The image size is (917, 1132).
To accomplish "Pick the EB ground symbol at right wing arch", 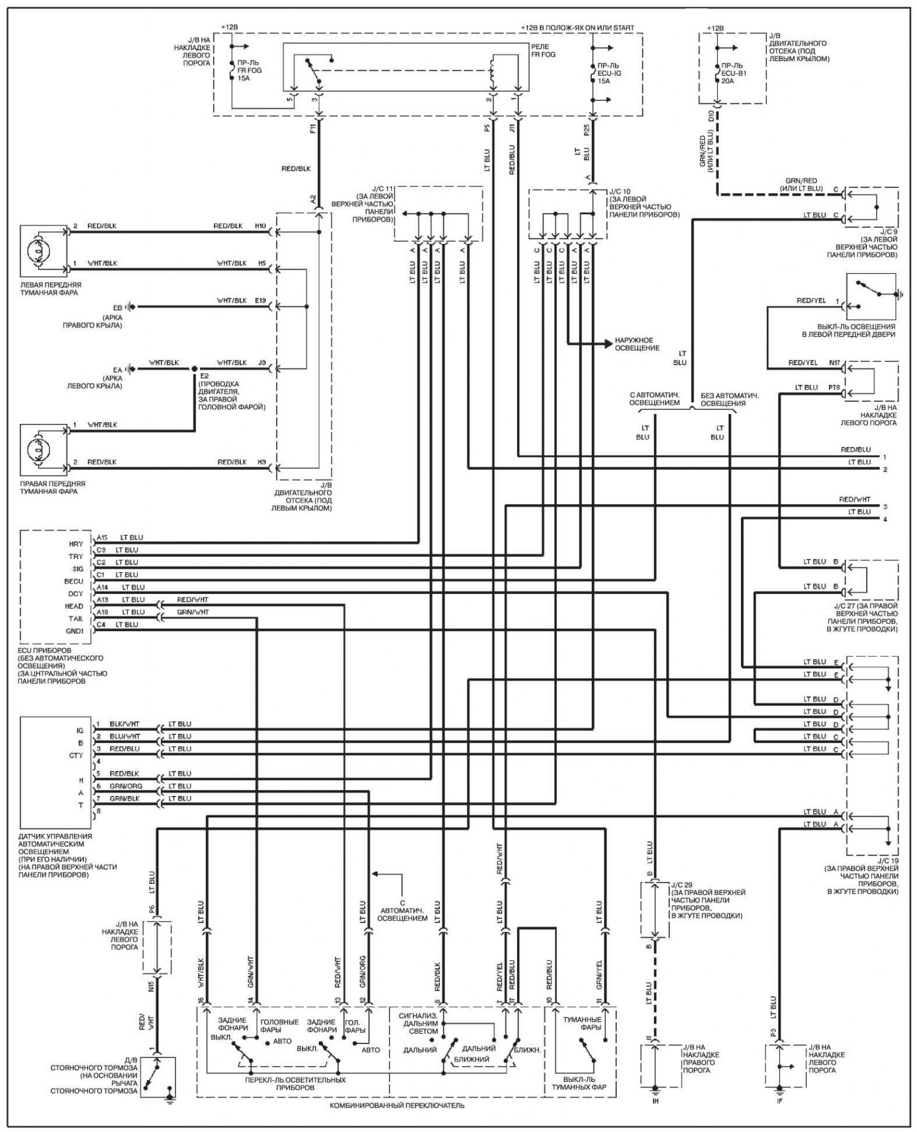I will click(x=130, y=307).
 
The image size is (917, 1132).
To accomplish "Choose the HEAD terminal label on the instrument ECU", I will click(x=74, y=606).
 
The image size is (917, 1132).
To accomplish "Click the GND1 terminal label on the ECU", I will click(x=74, y=631).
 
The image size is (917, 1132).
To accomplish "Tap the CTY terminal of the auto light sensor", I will click(x=76, y=755).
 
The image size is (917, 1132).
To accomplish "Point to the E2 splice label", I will click(x=204, y=376).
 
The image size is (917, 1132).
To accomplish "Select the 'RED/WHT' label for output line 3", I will click(x=855, y=499).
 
